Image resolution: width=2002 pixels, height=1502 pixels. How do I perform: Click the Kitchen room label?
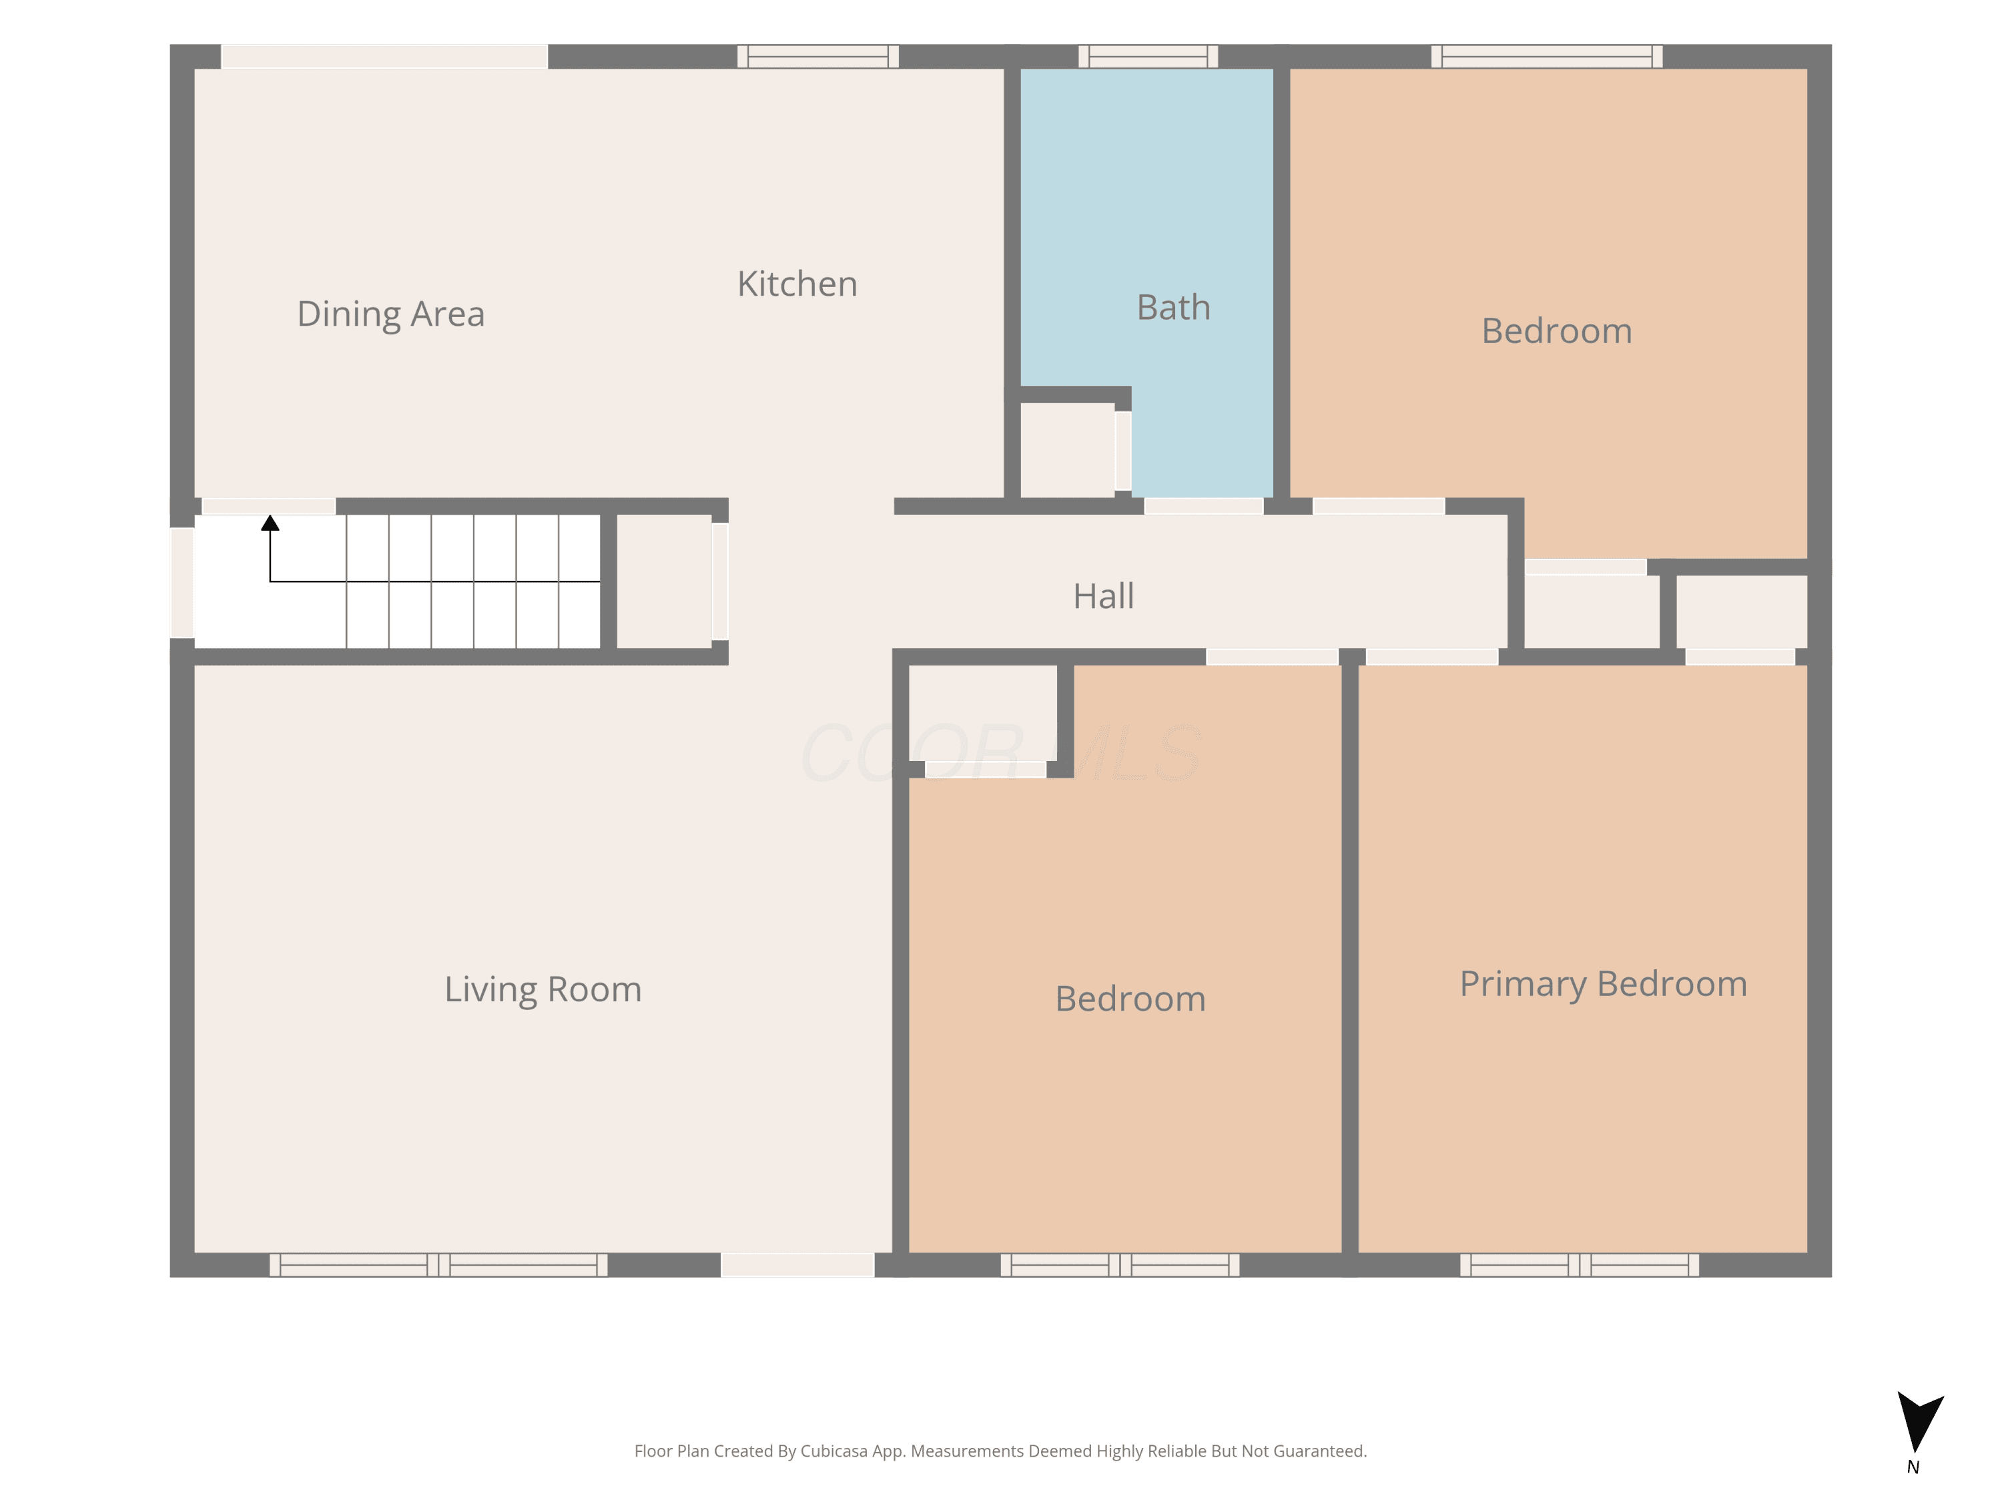[x=796, y=284]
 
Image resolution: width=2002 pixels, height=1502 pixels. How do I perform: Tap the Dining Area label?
[x=391, y=314]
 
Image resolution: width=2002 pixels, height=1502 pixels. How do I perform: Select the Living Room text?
[x=543, y=989]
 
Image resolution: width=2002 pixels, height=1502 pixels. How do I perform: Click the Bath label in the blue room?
[x=1173, y=308]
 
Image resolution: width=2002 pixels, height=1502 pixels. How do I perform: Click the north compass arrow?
[x=1919, y=1421]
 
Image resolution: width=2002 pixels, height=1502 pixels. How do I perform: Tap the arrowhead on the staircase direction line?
[x=270, y=523]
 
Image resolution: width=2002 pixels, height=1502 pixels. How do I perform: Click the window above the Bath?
[x=1148, y=56]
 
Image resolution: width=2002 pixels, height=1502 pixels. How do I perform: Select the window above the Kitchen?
[x=817, y=56]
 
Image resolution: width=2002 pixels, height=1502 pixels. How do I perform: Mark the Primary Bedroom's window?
[x=1580, y=1265]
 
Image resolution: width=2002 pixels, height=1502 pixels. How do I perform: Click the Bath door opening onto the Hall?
[x=1204, y=506]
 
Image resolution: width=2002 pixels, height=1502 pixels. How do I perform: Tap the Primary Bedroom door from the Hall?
[x=1431, y=656]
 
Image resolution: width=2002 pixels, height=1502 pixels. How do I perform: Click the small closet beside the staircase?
[x=664, y=581]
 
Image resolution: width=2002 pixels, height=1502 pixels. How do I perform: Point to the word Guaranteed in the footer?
[x=1321, y=1451]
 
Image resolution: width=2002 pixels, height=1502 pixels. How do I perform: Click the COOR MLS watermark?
[x=1001, y=753]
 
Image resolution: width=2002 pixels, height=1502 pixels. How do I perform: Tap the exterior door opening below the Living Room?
[x=797, y=1265]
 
